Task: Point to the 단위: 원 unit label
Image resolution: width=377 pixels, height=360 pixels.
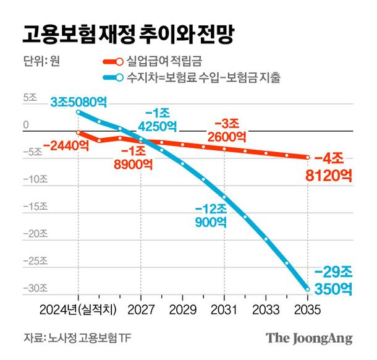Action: coord(41,61)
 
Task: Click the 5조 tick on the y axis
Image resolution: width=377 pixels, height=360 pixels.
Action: coord(30,98)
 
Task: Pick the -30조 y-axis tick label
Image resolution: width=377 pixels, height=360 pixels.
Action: coord(35,288)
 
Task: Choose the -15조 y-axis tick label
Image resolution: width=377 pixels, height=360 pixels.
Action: coord(35,207)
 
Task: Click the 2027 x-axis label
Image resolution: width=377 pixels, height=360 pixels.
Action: coord(141,309)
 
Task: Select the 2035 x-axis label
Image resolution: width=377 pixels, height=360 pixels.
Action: coord(308,309)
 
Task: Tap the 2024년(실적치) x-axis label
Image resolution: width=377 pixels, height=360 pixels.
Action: coord(78,309)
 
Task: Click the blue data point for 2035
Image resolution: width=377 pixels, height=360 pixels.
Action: coord(308,289)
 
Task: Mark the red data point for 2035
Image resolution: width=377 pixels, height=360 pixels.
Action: coord(308,157)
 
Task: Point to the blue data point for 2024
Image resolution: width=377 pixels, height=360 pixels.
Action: coord(78,112)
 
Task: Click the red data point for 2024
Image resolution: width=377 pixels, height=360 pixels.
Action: coord(78,132)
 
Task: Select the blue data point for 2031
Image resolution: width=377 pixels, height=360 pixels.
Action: coord(224,197)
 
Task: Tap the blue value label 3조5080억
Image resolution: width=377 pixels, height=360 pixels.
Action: coord(78,102)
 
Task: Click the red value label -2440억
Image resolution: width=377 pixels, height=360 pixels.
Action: coord(66,146)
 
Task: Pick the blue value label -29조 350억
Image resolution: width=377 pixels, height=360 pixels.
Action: coord(333,281)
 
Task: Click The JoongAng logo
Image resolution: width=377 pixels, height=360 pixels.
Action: coord(309,338)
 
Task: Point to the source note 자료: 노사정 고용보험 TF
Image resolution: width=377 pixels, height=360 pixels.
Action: coord(77,338)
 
